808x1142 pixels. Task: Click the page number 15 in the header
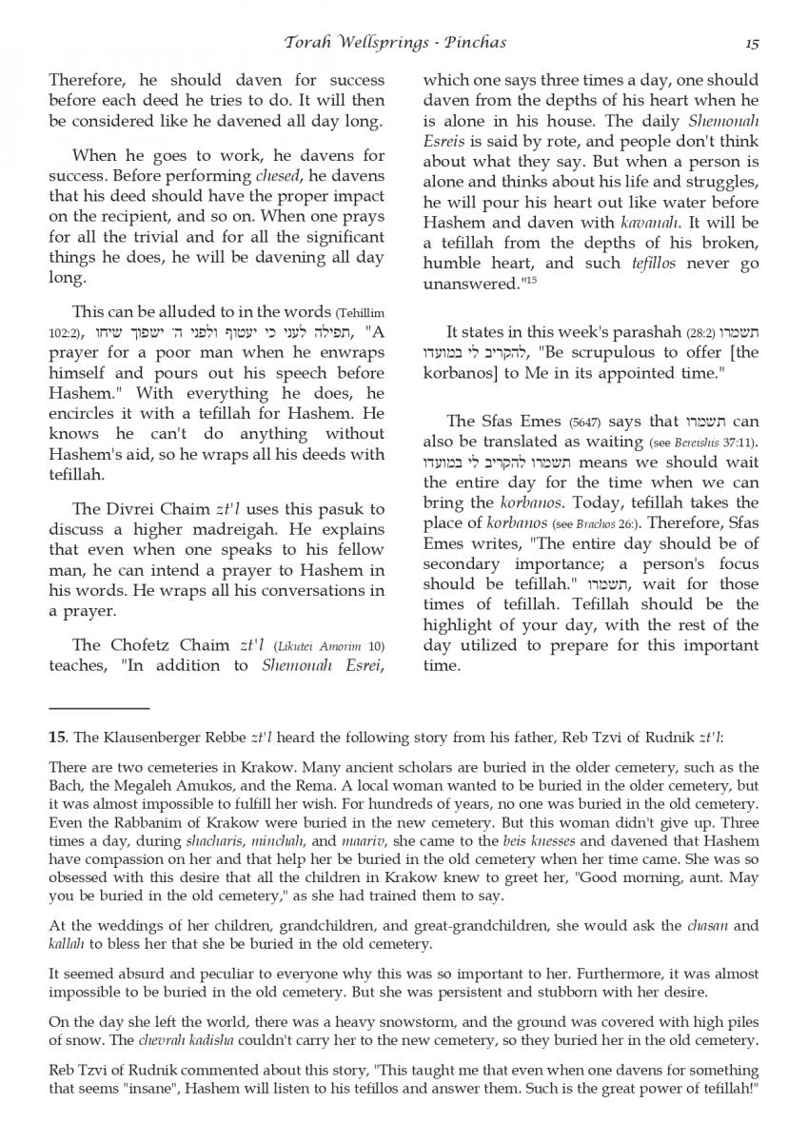point(752,42)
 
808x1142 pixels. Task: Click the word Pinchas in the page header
point(473,42)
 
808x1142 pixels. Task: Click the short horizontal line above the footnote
point(99,708)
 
